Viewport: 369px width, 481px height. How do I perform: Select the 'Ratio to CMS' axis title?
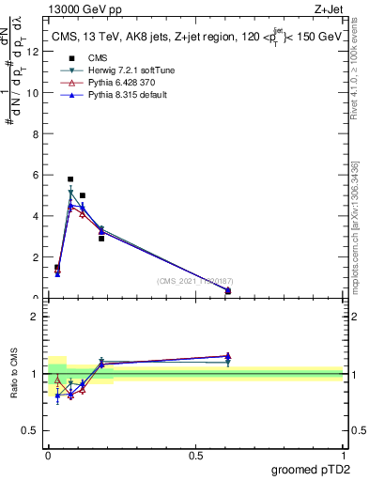(x=14, y=373)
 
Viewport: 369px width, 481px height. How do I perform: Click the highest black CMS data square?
(x=70, y=178)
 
